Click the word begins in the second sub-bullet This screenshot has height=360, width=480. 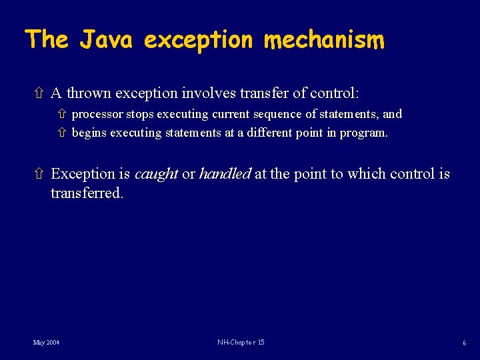[89, 133]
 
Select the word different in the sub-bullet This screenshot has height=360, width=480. [272, 133]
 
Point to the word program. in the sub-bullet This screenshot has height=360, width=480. [363, 133]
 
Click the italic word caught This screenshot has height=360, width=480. [156, 174]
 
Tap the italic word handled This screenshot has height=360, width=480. [225, 174]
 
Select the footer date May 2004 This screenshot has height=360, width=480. [46, 342]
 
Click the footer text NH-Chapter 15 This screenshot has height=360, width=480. [241, 342]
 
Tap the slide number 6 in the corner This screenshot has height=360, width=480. [463, 343]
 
